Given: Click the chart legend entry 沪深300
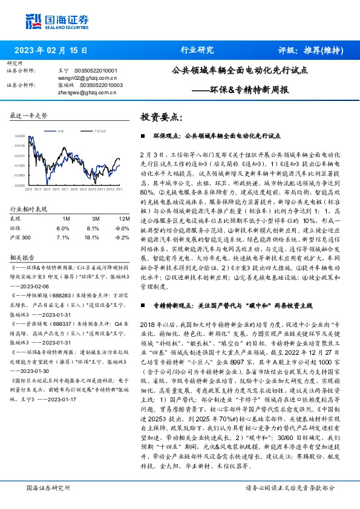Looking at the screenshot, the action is (x=100, y=130).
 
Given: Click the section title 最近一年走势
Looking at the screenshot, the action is (x=29, y=115).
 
